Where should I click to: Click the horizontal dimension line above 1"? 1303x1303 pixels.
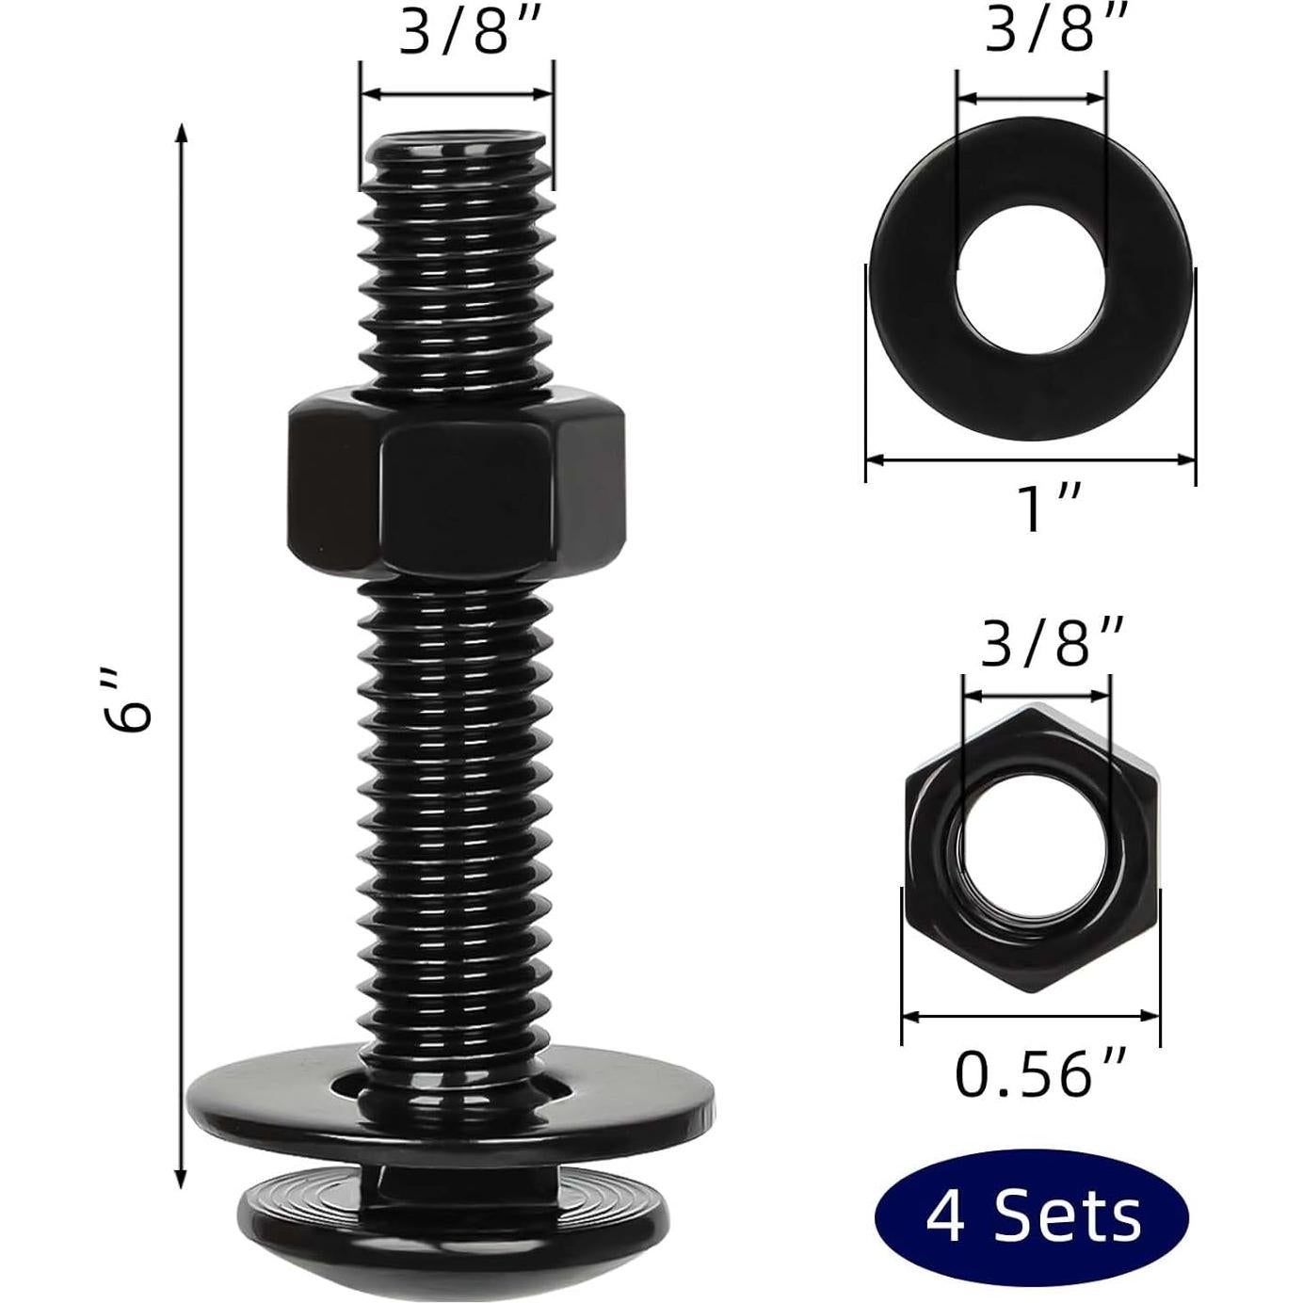[1030, 459]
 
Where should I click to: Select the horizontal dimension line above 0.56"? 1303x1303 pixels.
[1031, 1015]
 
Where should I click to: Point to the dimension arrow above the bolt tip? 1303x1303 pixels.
[457, 93]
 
